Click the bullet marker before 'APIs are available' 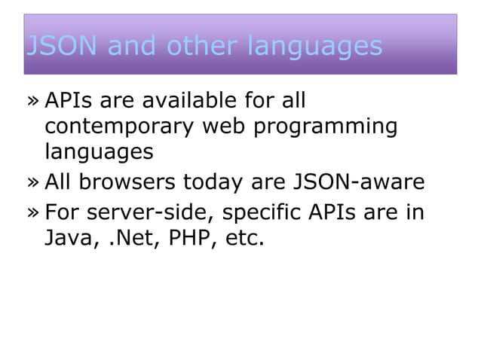pos(33,101)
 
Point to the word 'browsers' pos(136,183)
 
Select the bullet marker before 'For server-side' pos(33,214)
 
